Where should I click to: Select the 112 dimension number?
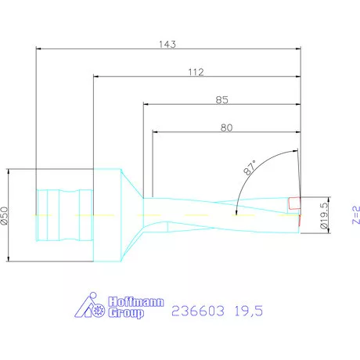click(x=196, y=72)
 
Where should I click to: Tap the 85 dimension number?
click(x=221, y=99)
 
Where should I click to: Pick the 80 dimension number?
click(x=227, y=127)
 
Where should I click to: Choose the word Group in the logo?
click(x=125, y=314)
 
